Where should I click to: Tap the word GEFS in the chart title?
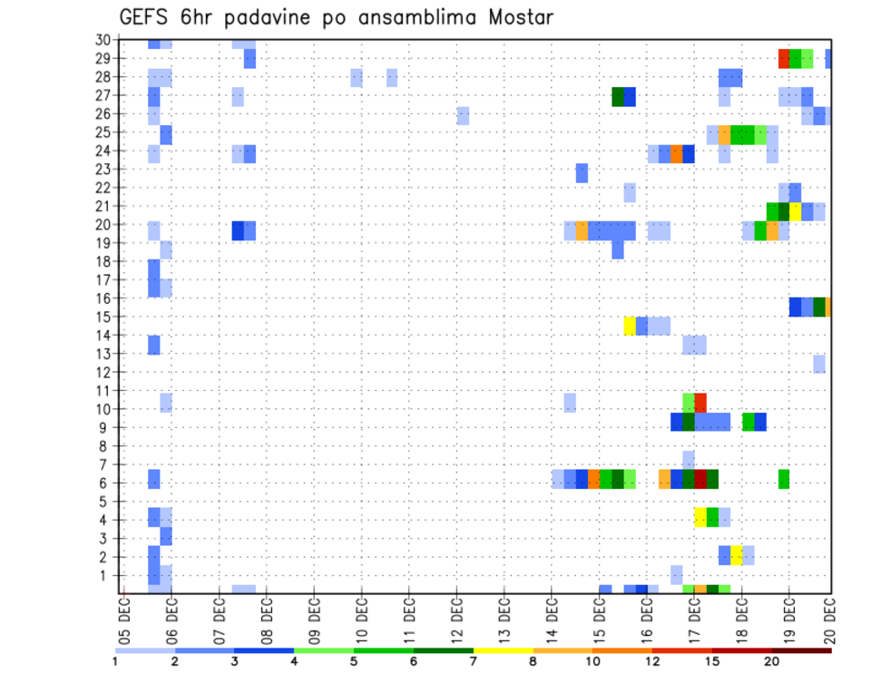point(143,17)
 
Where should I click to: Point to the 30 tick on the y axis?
point(103,40)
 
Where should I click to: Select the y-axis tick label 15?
point(103,317)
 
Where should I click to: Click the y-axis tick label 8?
point(106,446)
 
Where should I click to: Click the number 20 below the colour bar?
point(772,662)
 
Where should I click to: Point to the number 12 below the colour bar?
point(652,662)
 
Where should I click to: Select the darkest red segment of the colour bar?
point(801,650)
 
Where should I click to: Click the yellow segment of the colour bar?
point(503,650)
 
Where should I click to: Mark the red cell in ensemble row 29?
point(784,59)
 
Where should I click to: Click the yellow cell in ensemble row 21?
point(796,211)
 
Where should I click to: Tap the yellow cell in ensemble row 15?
point(630,325)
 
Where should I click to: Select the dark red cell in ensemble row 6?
point(700,479)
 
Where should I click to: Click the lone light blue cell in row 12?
point(819,364)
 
